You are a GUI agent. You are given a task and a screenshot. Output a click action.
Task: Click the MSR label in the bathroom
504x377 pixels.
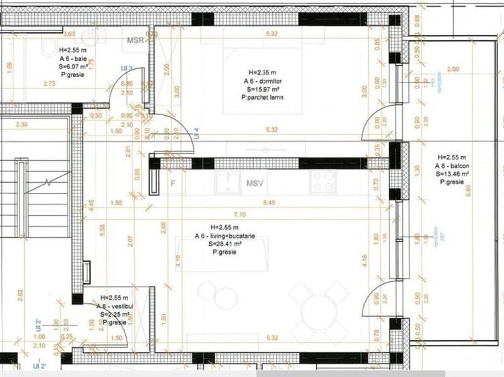click(x=137, y=40)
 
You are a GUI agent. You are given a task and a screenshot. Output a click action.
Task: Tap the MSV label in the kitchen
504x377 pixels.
click(x=255, y=183)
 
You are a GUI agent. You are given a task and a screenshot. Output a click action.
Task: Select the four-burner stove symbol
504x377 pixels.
click(x=322, y=179)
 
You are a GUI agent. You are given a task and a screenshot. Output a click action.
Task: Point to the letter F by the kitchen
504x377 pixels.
click(x=172, y=183)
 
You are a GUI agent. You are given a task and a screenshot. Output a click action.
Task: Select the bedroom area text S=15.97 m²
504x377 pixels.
click(x=265, y=89)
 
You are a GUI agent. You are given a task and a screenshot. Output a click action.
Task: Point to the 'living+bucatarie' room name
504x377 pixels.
click(x=235, y=236)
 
